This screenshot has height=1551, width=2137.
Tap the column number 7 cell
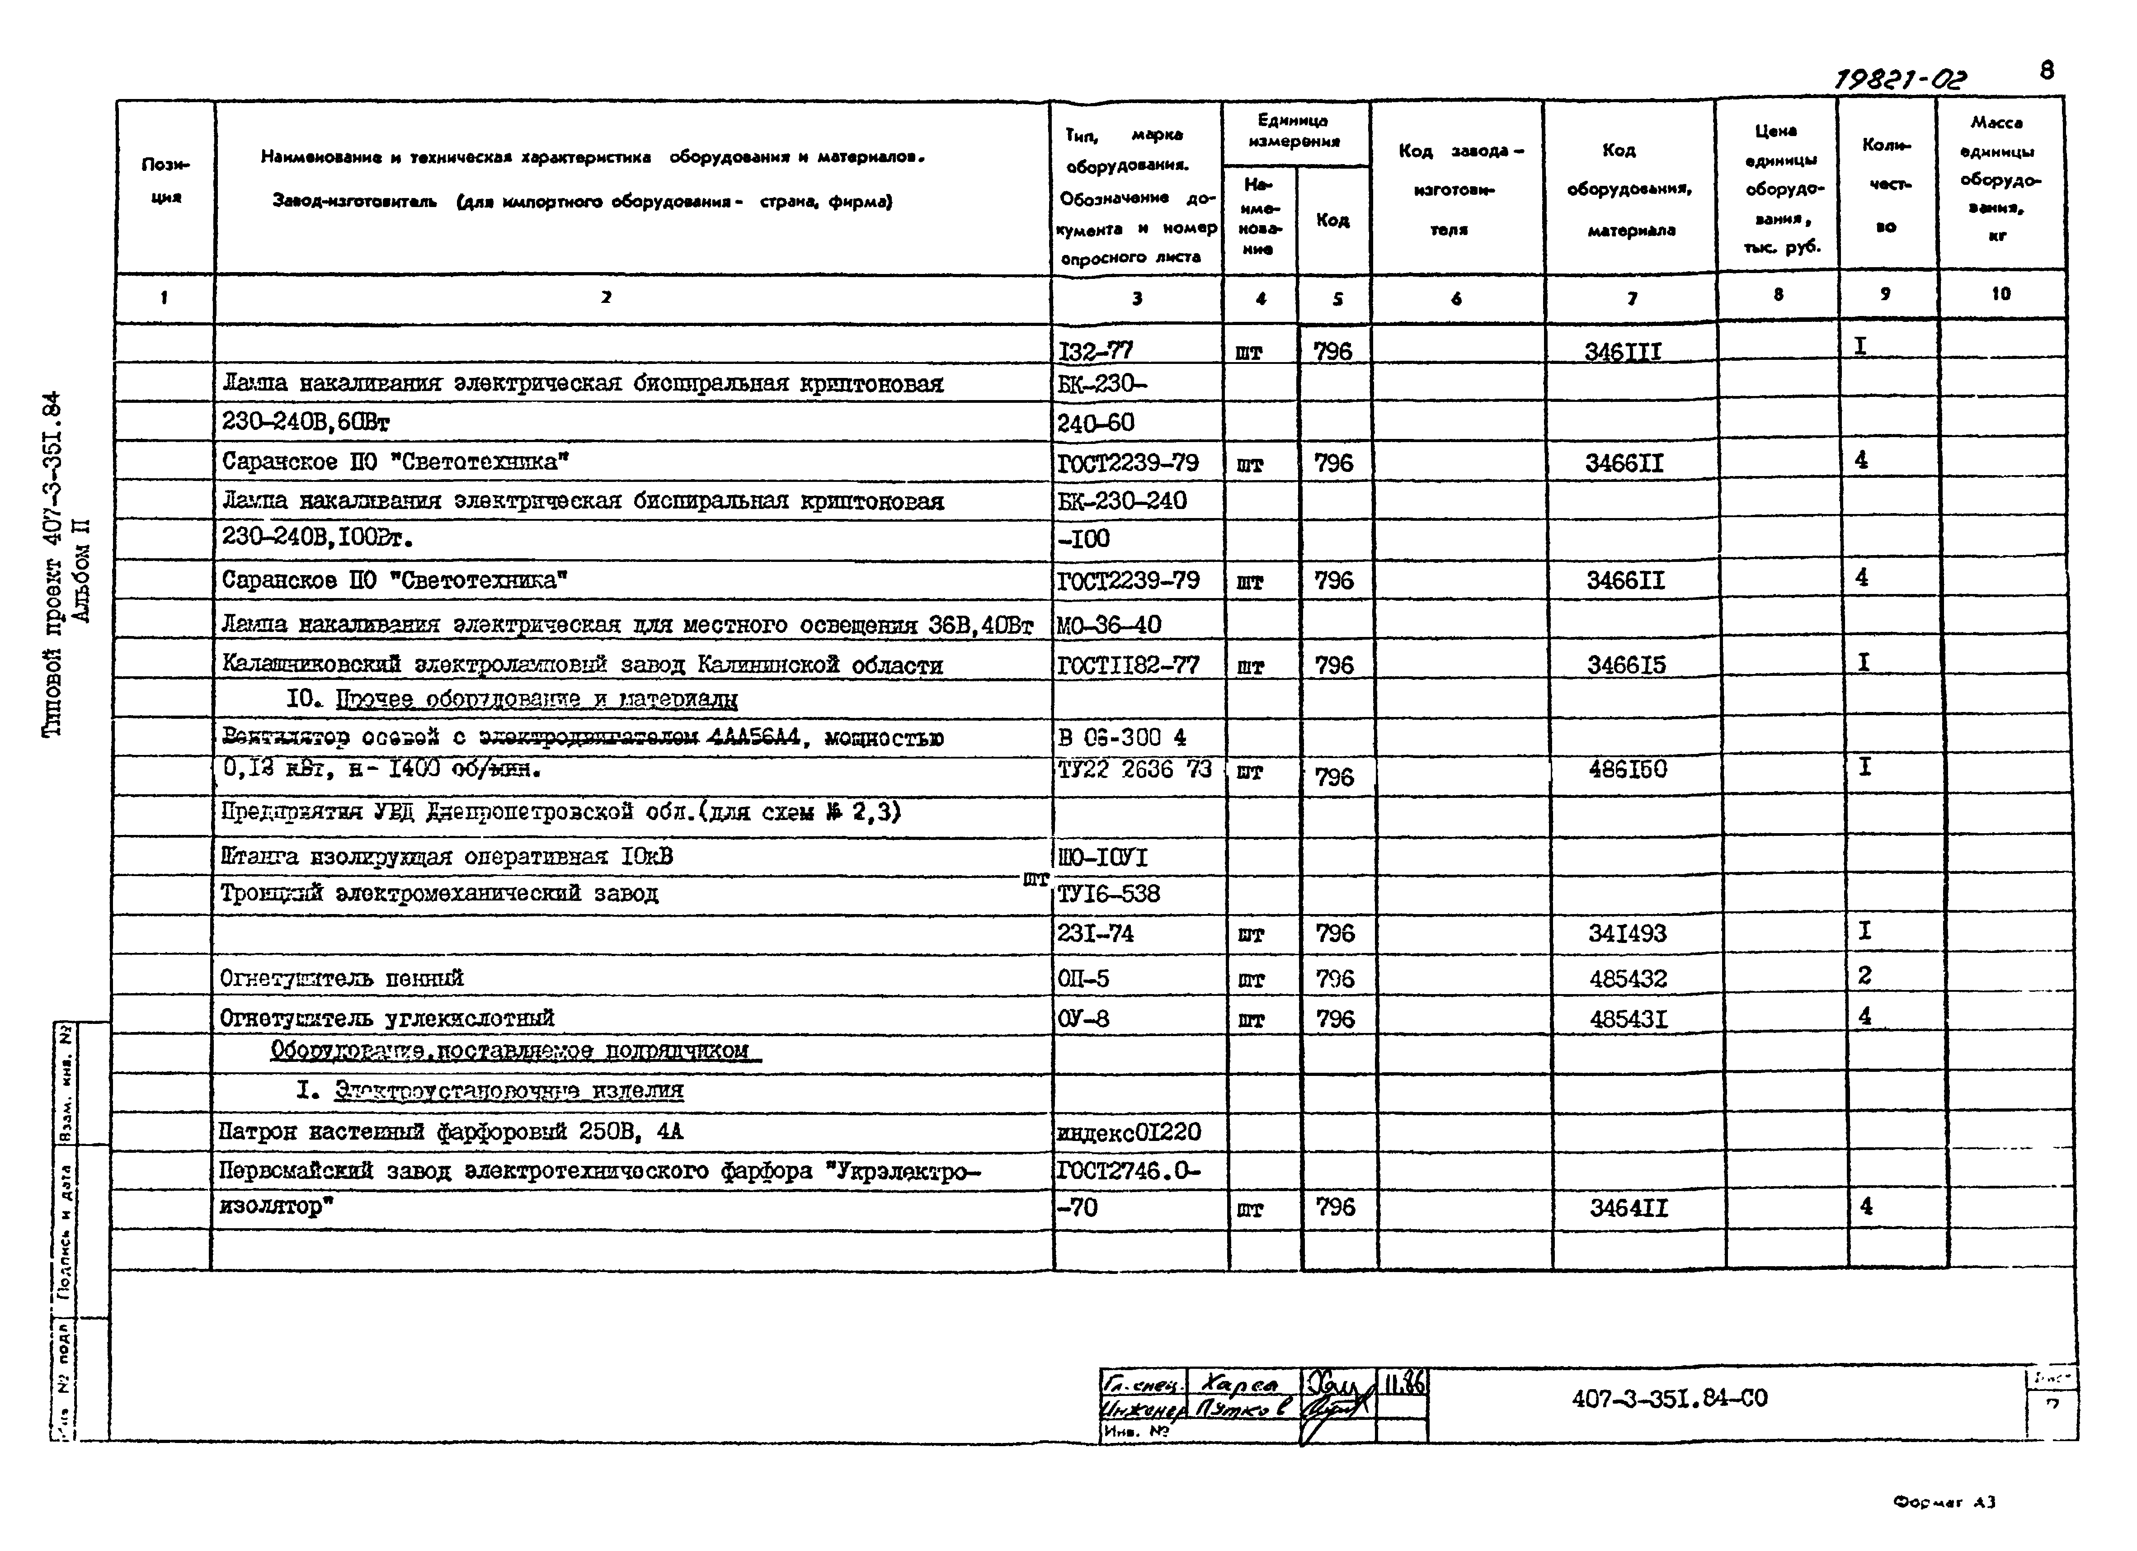click(x=1631, y=298)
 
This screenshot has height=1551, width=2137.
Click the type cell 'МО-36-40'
click(x=1109, y=625)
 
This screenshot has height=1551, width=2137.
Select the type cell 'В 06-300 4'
click(x=1121, y=737)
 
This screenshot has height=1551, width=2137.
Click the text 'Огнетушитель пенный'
click(x=341, y=978)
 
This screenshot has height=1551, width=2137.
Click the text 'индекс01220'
click(x=1129, y=1131)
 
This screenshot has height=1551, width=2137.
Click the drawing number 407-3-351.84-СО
click(x=1669, y=1398)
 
